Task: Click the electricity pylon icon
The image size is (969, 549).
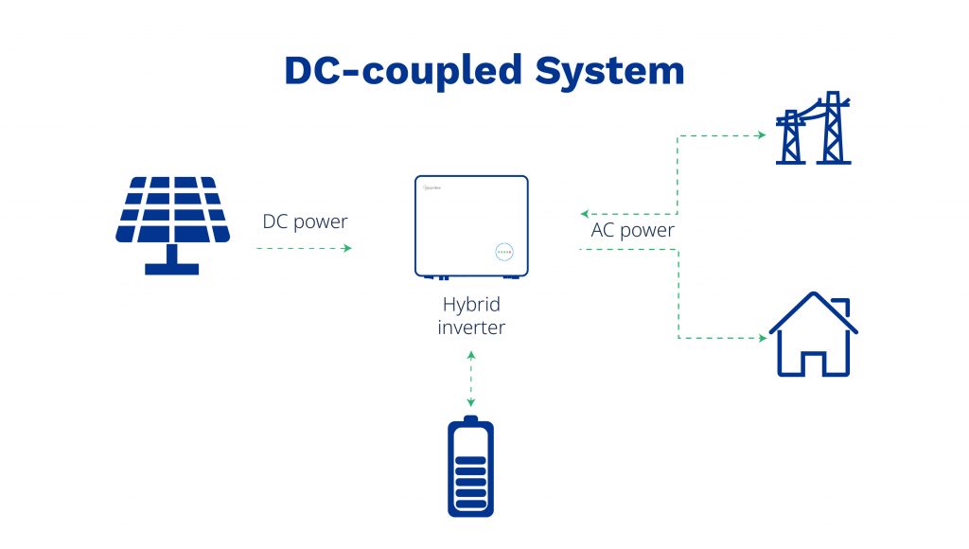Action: coord(814,130)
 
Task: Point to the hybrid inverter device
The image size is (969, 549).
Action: coord(470,225)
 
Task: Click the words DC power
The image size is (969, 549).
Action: coord(305,222)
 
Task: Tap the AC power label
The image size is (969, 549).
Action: coord(632,230)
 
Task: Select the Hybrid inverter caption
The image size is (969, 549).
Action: coord(470,316)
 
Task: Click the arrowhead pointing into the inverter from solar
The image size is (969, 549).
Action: coord(347,248)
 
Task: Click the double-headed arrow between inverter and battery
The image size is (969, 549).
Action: coord(470,379)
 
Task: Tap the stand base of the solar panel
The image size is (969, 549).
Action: coord(171,269)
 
